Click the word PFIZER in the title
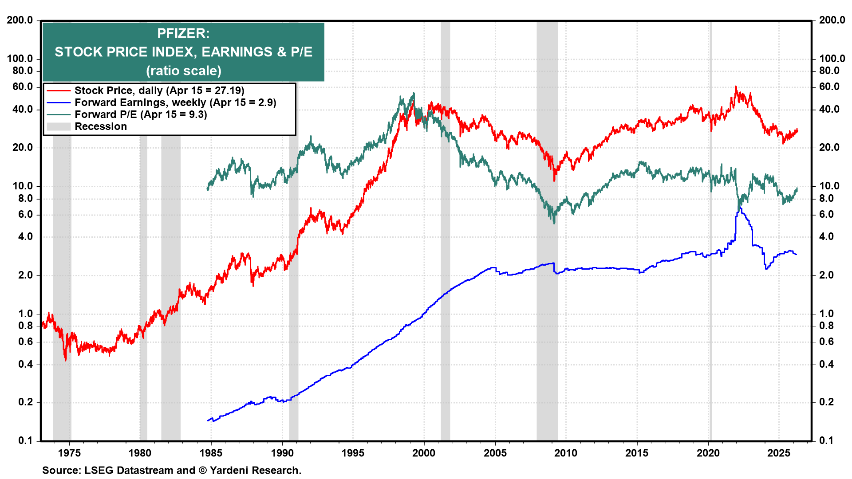pyautogui.click(x=183, y=33)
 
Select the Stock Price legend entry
pyautogui.click(x=159, y=90)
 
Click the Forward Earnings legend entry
pyautogui.click(x=175, y=102)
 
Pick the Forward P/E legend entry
pyautogui.click(x=140, y=114)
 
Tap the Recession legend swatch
pyautogui.click(x=58, y=127)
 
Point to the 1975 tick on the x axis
pyautogui.click(x=69, y=453)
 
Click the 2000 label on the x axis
pyautogui.click(x=424, y=453)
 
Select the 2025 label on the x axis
pyautogui.click(x=779, y=453)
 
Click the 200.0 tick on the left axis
pyautogui.click(x=20, y=20)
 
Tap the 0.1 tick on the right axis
pyautogui.click(x=826, y=440)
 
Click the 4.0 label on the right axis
pyautogui.click(x=826, y=237)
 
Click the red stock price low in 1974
pyautogui.click(x=66, y=360)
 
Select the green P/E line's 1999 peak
pyautogui.click(x=414, y=94)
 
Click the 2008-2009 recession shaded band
pyautogui.click(x=547, y=310)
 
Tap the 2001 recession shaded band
pyautogui.click(x=445, y=310)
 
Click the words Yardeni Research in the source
pyautogui.click(x=255, y=470)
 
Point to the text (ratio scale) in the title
pyautogui.click(x=183, y=71)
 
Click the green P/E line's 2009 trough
pyautogui.click(x=554, y=222)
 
